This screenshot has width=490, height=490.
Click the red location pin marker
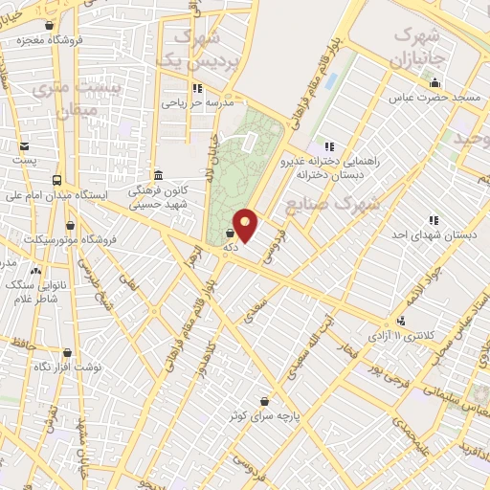point(246,224)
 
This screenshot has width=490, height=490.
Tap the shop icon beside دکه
point(230,233)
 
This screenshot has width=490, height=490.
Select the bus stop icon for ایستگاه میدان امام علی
point(57,180)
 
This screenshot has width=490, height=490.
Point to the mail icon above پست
point(24,146)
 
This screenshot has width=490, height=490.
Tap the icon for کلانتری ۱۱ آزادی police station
point(401,321)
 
